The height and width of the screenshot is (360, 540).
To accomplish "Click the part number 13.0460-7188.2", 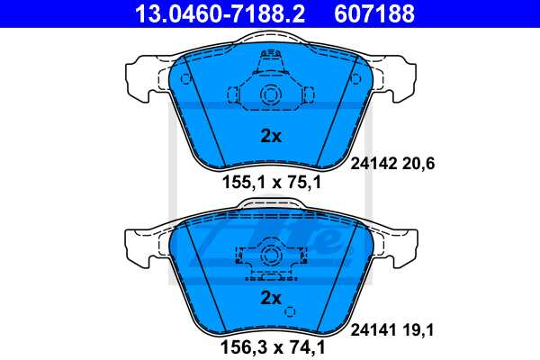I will [x=206, y=13].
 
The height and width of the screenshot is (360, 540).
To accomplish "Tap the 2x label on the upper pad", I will [x=271, y=137].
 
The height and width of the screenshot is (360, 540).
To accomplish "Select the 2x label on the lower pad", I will [x=271, y=297].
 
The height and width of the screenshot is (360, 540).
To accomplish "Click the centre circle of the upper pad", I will [x=270, y=96].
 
